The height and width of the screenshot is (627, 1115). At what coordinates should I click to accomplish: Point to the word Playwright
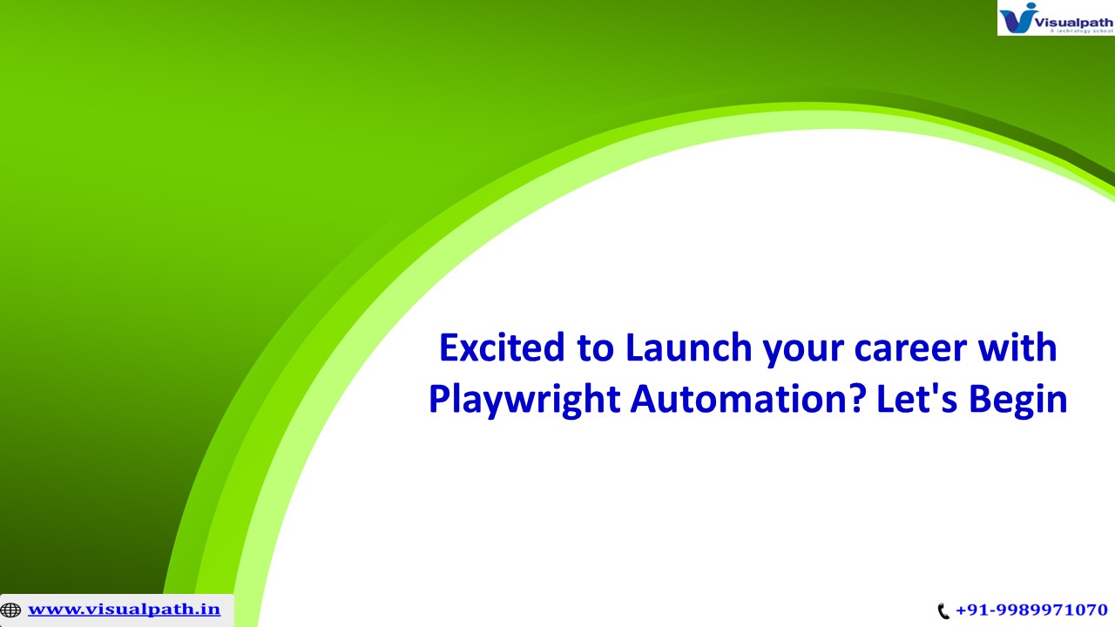point(523,400)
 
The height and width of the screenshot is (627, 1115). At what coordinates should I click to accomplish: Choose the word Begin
point(1017,400)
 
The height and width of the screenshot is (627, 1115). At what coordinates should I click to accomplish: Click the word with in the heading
point(1017,348)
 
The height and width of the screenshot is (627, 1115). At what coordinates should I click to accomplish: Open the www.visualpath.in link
point(124,609)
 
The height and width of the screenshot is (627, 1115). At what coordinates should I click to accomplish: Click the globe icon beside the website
point(10,610)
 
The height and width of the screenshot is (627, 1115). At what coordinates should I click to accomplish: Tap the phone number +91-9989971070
point(1031,610)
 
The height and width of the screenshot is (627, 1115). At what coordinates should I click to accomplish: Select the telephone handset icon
point(943,611)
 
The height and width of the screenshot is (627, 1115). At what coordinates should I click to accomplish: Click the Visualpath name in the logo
point(1075,14)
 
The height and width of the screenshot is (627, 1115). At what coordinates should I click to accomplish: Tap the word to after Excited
point(594,348)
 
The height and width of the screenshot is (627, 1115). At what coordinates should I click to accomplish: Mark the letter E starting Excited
point(449,348)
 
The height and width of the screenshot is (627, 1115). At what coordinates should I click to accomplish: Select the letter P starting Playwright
point(439,400)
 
